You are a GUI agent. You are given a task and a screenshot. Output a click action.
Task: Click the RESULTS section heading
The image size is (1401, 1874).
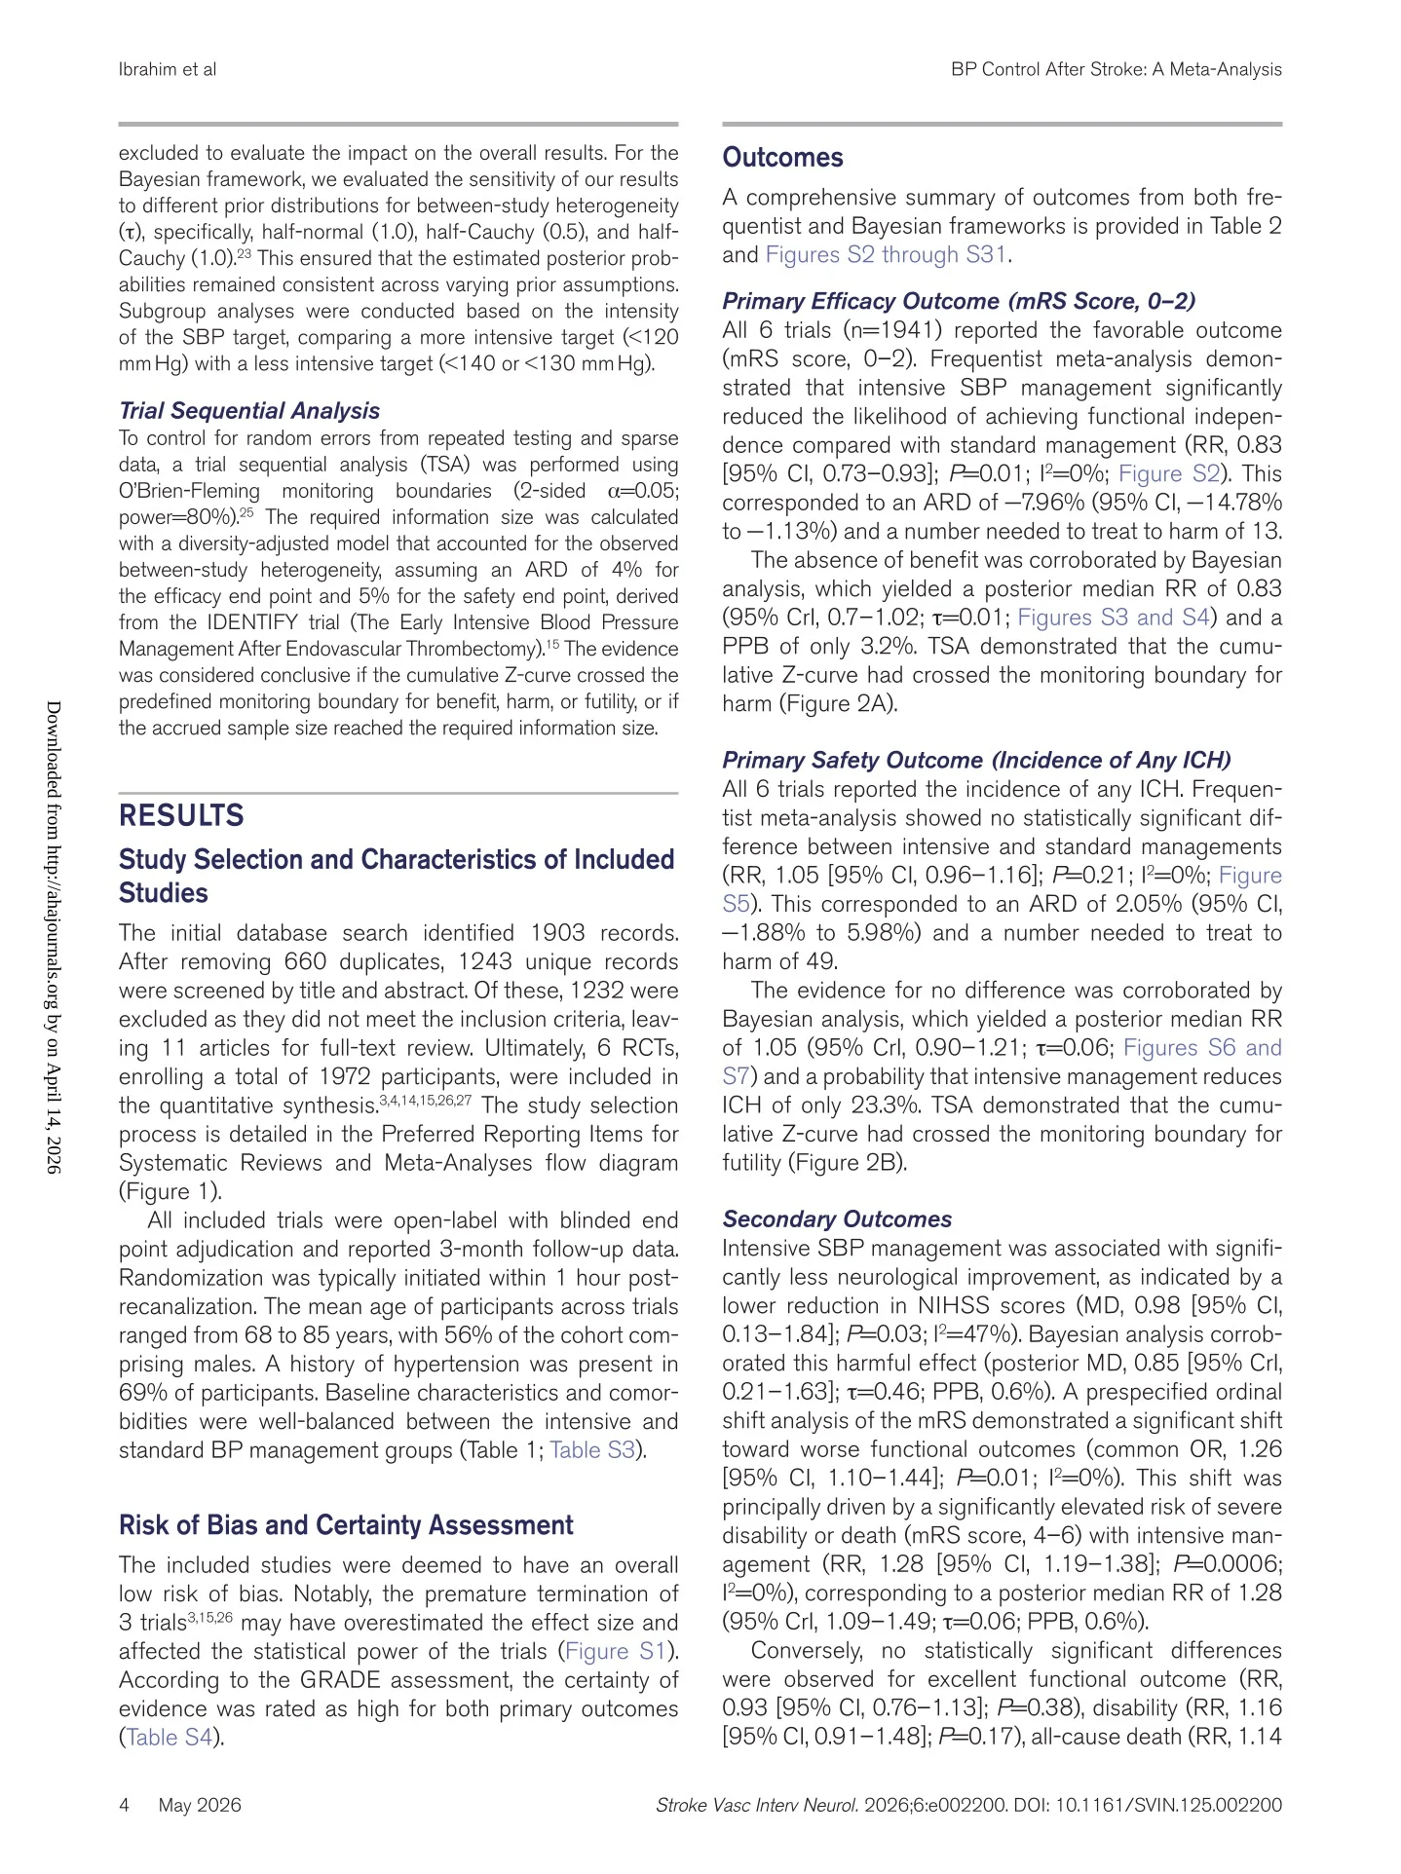click(x=181, y=815)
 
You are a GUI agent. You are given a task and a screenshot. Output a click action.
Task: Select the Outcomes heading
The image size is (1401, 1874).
click(x=782, y=158)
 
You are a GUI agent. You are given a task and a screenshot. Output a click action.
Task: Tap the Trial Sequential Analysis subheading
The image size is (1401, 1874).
click(x=248, y=411)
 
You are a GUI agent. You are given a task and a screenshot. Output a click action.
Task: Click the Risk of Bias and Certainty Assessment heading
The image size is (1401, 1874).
click(x=346, y=1525)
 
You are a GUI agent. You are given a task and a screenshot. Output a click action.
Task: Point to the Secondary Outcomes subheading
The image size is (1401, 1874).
click(x=837, y=1219)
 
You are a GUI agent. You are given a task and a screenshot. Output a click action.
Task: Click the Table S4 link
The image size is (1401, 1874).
click(x=169, y=1737)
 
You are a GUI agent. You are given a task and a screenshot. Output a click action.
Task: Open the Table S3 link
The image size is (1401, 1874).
click(x=592, y=1449)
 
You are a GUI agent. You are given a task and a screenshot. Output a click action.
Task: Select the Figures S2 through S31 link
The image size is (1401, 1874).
click(x=887, y=255)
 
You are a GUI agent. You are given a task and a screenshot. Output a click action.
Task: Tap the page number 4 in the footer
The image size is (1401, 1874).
click(x=125, y=1805)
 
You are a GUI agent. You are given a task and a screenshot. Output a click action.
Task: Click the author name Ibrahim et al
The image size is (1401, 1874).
click(x=167, y=69)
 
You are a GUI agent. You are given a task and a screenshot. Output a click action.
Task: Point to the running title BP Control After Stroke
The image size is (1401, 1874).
click(x=1116, y=69)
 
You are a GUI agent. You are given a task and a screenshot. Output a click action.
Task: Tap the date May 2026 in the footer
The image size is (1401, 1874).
click(x=200, y=1805)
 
